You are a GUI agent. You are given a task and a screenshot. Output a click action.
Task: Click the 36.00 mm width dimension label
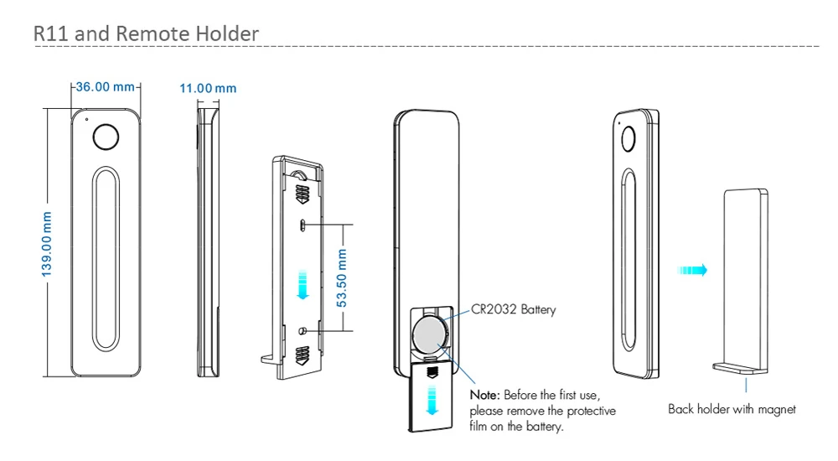[x=106, y=87]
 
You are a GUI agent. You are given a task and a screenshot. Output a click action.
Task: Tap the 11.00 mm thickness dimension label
[x=208, y=88]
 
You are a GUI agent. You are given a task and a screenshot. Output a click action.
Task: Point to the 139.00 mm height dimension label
[x=48, y=244]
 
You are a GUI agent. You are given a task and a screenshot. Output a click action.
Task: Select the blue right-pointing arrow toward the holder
[x=693, y=271]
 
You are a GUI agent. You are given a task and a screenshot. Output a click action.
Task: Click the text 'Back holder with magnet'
[x=732, y=409]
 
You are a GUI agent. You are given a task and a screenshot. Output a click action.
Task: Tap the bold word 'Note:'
[x=484, y=395]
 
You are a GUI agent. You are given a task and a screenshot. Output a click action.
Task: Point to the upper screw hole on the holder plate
[x=303, y=224]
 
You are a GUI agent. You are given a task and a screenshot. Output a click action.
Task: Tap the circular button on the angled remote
[x=627, y=138]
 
